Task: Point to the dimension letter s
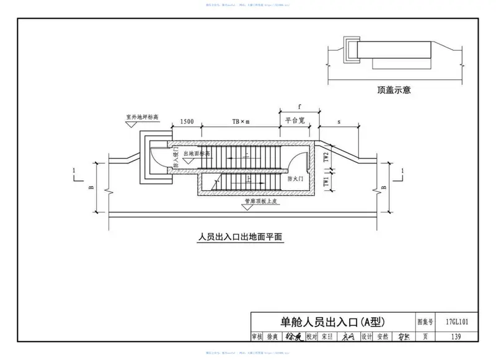(x=339, y=122)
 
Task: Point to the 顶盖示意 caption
(x=394, y=89)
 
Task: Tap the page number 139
(x=456, y=336)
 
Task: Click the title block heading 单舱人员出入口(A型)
(x=333, y=322)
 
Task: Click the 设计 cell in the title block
(x=366, y=336)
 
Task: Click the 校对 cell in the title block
(x=311, y=336)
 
